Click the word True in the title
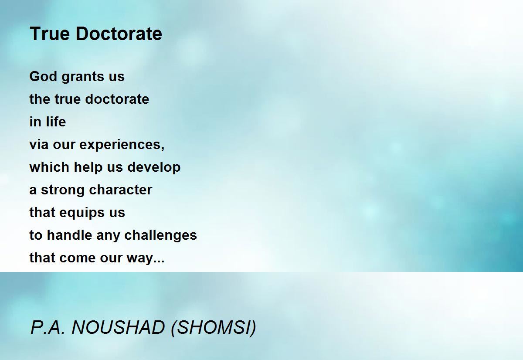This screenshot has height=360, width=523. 50,34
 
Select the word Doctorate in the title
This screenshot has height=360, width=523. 119,34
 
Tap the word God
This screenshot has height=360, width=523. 43,76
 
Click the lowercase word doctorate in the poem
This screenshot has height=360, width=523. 117,99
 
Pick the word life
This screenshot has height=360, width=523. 56,122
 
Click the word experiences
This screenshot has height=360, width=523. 122,145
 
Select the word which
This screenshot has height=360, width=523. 49,167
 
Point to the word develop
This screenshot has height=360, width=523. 154,168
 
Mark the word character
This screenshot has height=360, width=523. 121,190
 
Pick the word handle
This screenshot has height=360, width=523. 69,235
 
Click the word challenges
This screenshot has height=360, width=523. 161,236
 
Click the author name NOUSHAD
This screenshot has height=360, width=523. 118,328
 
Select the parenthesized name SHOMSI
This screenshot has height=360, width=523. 214,328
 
